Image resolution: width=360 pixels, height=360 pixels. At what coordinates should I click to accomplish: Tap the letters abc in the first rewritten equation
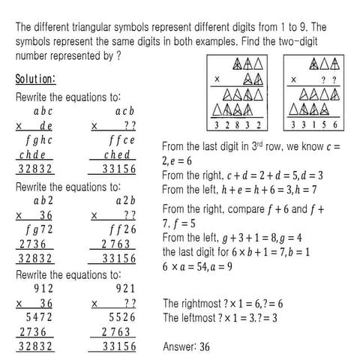pos(43,111)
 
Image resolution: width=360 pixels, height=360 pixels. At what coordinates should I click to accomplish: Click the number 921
pos(124,288)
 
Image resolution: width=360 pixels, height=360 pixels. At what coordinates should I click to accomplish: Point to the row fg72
pos(40,229)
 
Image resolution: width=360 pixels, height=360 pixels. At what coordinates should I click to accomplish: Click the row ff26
pos(120,229)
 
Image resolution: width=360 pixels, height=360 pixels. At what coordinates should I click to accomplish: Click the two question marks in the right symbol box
pos(327,78)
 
